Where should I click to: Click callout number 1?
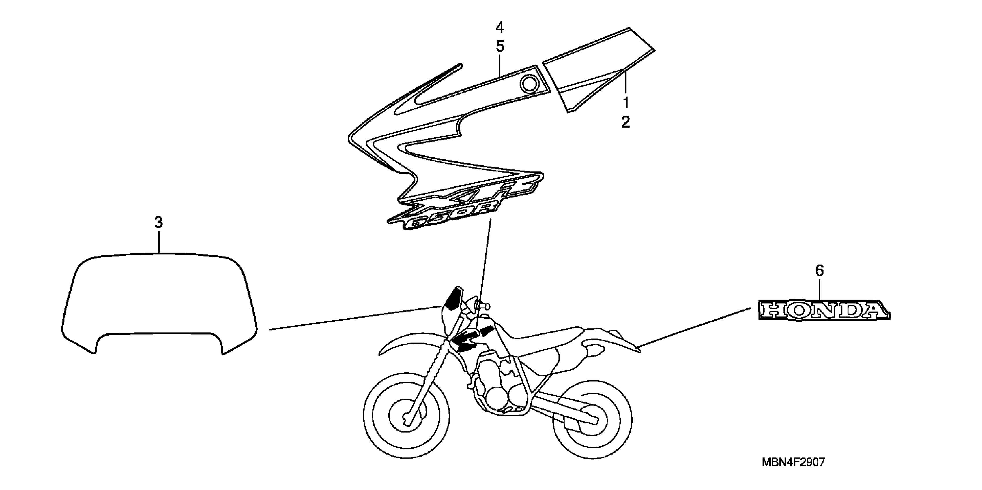click(626, 103)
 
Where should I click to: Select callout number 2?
click(626, 122)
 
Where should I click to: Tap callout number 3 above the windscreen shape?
click(159, 222)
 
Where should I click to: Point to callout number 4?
click(500, 27)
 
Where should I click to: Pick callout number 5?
click(500, 46)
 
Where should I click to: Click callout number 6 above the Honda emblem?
click(819, 271)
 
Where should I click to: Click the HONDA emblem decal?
click(823, 310)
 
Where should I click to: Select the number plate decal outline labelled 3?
click(159, 301)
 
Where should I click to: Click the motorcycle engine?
click(500, 392)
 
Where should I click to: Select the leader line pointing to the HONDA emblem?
click(694, 327)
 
